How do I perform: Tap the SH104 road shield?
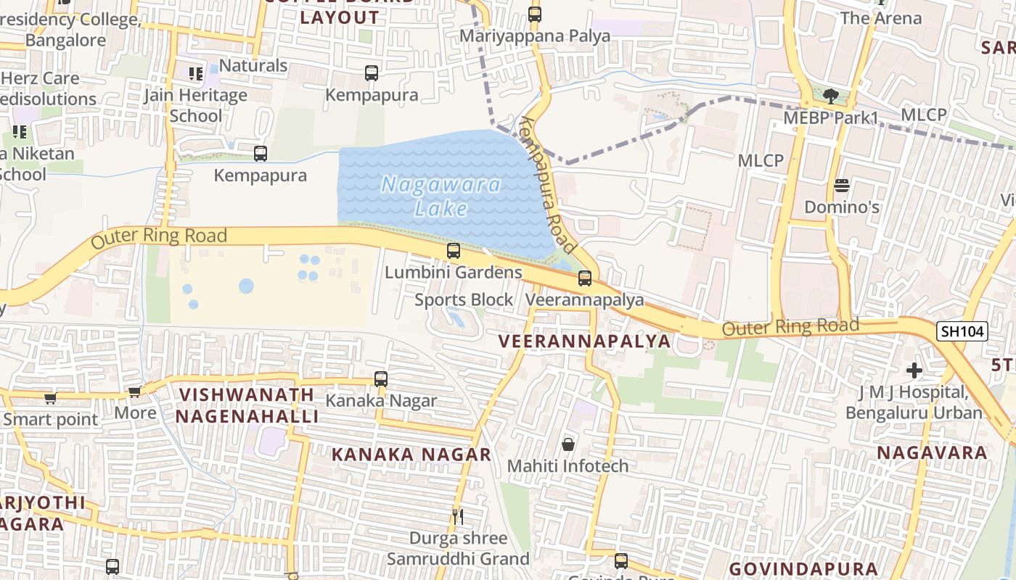[962, 331]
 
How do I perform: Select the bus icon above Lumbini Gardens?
[454, 251]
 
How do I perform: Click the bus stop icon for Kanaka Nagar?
[381, 378]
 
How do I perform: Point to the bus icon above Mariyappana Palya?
[535, 14]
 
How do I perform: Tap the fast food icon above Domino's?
[842, 186]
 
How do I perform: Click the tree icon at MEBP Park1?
[831, 96]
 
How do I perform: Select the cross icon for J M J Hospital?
[914, 371]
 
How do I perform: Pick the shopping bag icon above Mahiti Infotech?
[568, 444]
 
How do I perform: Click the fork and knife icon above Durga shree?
[458, 516]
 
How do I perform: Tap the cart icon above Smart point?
[50, 398]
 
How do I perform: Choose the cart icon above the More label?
[134, 392]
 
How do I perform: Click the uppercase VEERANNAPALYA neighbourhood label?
[584, 341]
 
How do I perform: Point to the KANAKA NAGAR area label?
[411, 455]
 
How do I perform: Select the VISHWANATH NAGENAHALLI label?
[247, 405]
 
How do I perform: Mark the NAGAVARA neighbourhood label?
[932, 453]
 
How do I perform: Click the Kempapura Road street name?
[548, 181]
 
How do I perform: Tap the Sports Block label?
[464, 299]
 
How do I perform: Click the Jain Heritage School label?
[196, 105]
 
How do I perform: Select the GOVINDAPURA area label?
[803, 568]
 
